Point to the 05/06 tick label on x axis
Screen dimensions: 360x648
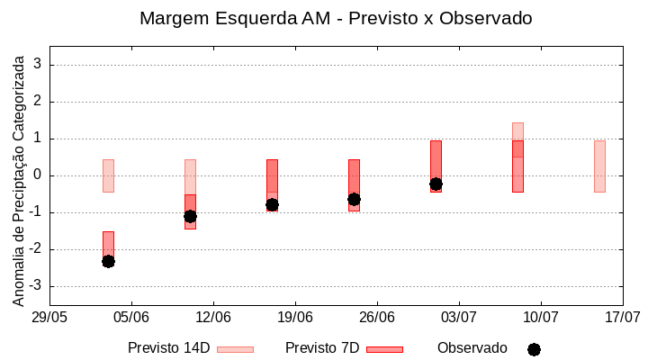click(x=131, y=317)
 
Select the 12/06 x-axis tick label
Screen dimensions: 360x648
click(x=213, y=317)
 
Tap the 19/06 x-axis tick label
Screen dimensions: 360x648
click(x=295, y=317)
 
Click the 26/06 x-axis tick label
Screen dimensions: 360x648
click(x=377, y=317)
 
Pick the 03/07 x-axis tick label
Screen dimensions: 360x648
click(x=459, y=317)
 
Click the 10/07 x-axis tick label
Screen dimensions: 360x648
click(x=541, y=317)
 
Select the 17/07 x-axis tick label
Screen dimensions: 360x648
click(x=622, y=317)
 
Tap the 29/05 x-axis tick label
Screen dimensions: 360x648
click(x=49, y=317)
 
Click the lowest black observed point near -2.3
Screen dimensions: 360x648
click(x=108, y=261)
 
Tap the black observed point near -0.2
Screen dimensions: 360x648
click(x=436, y=184)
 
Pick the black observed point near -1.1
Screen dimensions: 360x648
click(x=190, y=216)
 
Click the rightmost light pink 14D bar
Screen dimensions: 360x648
click(x=599, y=166)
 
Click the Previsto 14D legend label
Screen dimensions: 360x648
click(x=168, y=348)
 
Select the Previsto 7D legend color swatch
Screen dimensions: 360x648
click(x=384, y=349)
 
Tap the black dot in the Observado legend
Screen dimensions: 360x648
click(x=534, y=349)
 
